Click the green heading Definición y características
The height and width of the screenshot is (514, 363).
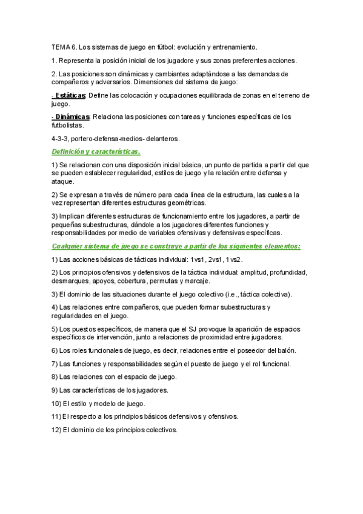[x=96, y=151]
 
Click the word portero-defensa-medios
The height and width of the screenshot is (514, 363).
[x=109, y=138]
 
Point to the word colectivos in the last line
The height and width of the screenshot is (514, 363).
[x=159, y=429]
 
